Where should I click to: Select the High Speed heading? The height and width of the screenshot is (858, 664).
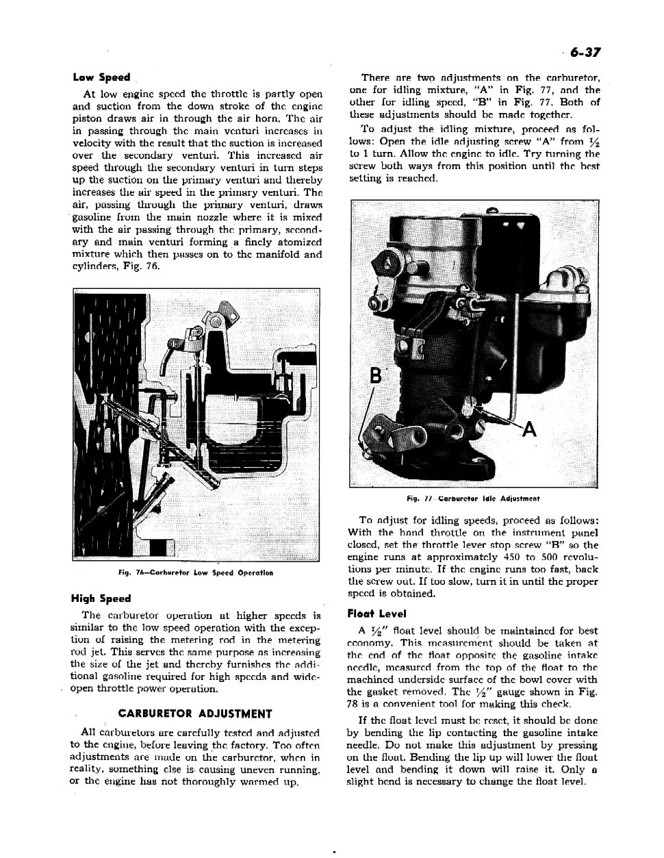(x=105, y=598)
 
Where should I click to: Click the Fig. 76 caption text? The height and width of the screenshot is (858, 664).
(x=195, y=572)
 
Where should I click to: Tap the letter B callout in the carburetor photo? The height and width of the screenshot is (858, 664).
(x=375, y=376)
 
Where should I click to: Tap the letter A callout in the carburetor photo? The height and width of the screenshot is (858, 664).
(x=531, y=430)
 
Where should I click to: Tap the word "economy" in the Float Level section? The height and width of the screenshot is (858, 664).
(x=370, y=643)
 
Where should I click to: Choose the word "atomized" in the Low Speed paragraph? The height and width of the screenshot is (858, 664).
(x=300, y=242)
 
